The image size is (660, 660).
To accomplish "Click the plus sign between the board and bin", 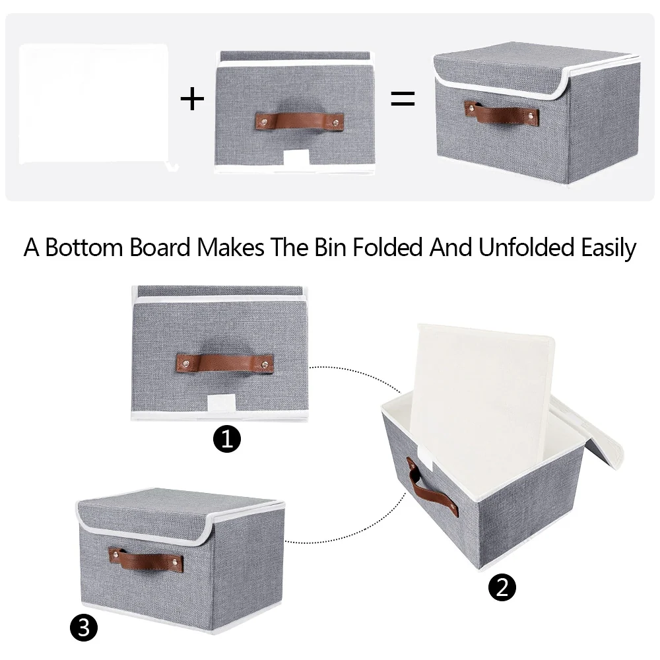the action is click(x=192, y=99).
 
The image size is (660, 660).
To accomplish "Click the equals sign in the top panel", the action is click(x=403, y=98).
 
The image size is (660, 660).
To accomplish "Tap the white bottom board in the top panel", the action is click(x=94, y=104).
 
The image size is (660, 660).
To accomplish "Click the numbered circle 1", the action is click(x=227, y=439).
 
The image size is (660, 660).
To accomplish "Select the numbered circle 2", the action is click(x=502, y=587).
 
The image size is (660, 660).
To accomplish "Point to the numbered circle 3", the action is click(x=84, y=628).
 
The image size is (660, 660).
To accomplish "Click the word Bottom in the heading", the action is click(x=84, y=247).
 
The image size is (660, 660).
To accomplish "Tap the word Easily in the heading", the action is click(x=609, y=248).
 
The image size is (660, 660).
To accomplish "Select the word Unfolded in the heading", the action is click(x=526, y=247).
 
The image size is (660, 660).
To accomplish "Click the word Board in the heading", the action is click(x=160, y=247).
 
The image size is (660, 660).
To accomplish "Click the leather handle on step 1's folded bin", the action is click(x=225, y=363).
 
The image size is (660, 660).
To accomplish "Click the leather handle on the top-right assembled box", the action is click(x=502, y=113).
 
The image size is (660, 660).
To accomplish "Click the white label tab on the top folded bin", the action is click(x=297, y=158).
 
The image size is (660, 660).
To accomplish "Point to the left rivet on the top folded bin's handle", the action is click(x=265, y=122).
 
